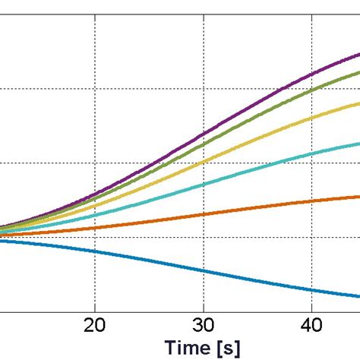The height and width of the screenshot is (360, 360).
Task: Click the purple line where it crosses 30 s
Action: pyautogui.click(x=204, y=137)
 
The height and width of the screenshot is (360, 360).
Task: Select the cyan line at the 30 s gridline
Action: pyautogui.click(x=204, y=185)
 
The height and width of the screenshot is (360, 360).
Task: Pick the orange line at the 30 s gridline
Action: pyautogui.click(x=204, y=215)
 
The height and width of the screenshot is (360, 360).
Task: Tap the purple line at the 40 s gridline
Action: pyautogui.click(x=311, y=77)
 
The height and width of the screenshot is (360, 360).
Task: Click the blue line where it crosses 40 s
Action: pyautogui.click(x=311, y=289)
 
